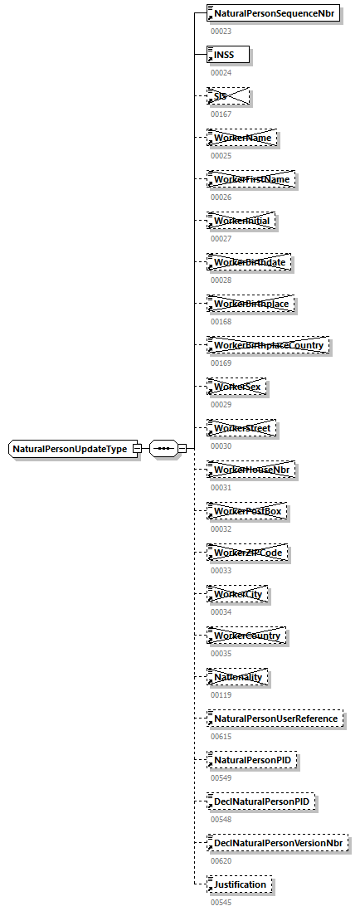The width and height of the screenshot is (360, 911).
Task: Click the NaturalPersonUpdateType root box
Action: click(70, 449)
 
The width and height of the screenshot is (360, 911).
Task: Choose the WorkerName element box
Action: click(241, 138)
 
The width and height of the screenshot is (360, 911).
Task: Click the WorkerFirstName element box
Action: click(251, 179)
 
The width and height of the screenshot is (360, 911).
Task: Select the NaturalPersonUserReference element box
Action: click(275, 719)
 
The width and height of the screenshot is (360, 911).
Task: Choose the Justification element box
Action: click(239, 884)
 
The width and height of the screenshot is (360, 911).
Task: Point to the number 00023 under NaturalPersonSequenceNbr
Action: click(221, 32)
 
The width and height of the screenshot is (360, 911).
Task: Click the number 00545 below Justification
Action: click(221, 902)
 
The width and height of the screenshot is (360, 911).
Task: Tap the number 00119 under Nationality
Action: click(221, 694)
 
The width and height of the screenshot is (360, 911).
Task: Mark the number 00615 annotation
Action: click(221, 736)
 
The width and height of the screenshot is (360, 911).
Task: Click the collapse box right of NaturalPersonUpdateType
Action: click(137, 449)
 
